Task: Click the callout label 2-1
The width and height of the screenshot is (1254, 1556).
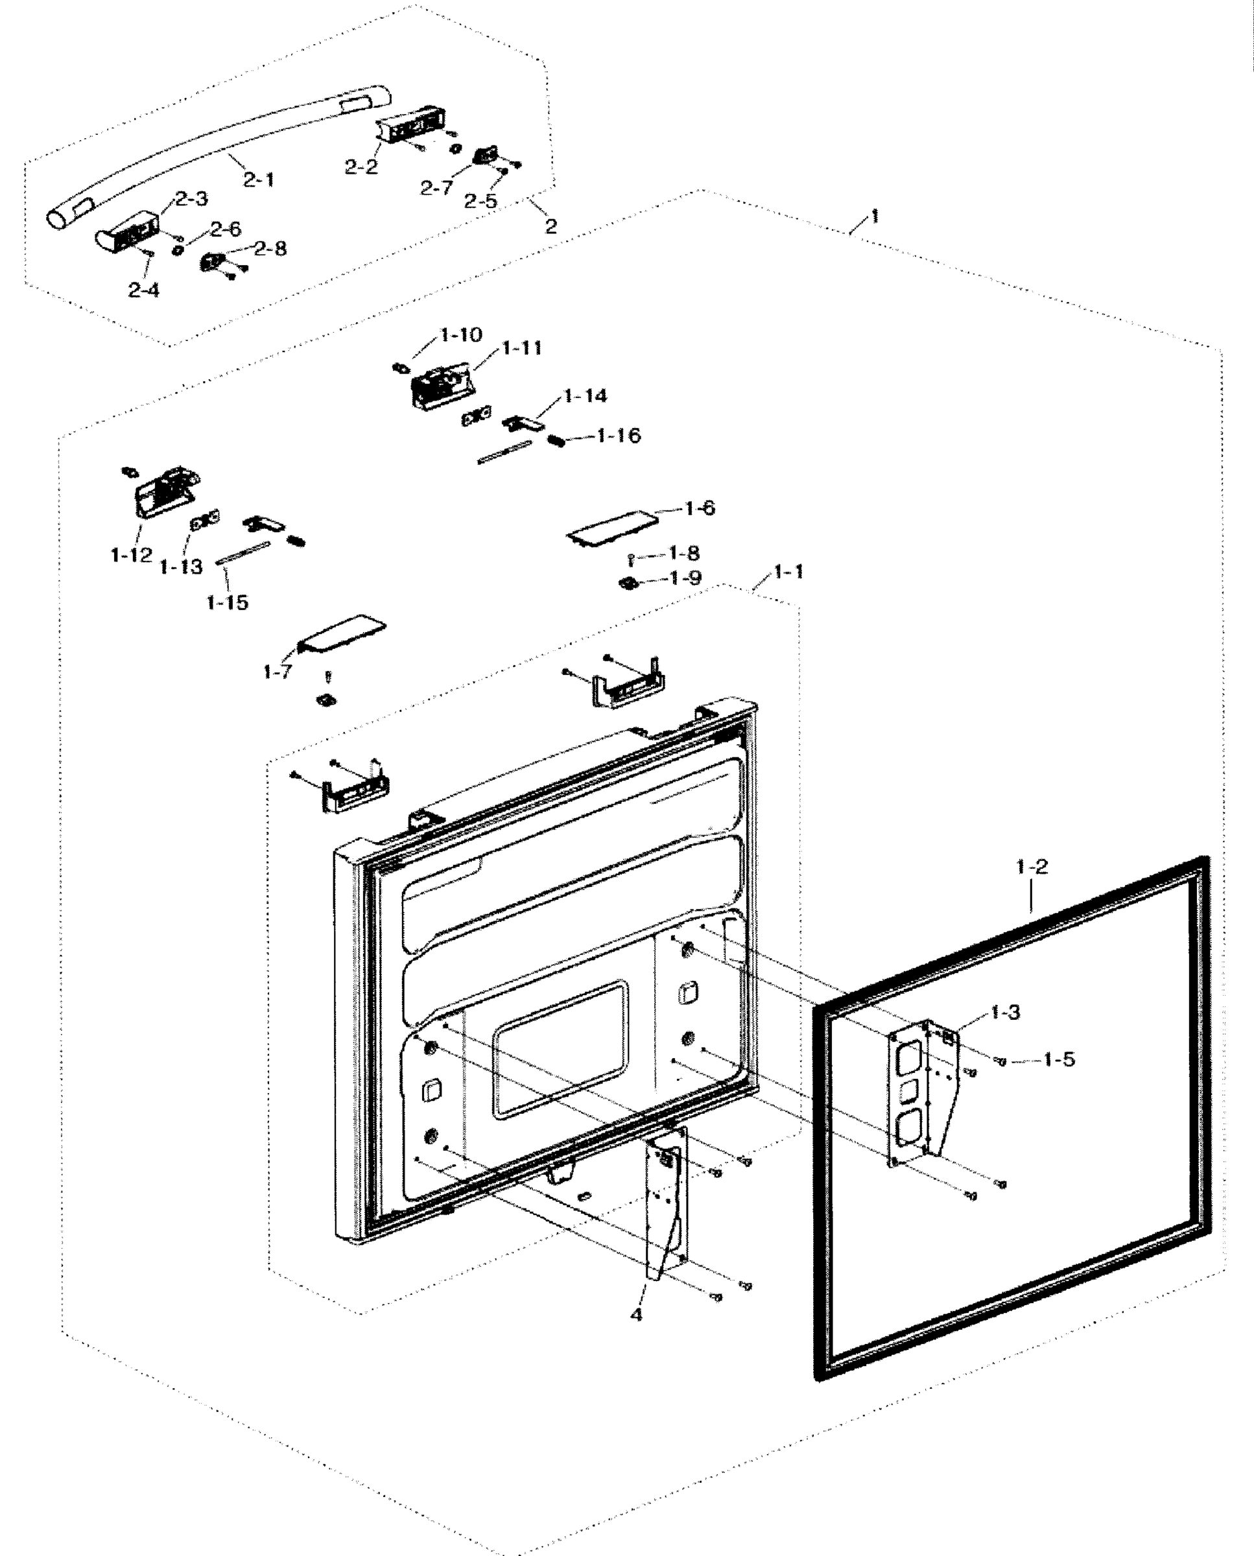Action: (x=258, y=179)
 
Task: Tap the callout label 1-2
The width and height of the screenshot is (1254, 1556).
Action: (x=1032, y=867)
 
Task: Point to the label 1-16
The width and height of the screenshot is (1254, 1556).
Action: (x=619, y=436)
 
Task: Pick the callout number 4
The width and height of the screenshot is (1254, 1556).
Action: (x=635, y=1315)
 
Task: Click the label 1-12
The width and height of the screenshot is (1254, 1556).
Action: (x=132, y=555)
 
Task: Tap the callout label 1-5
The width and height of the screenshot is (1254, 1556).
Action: (x=1059, y=1060)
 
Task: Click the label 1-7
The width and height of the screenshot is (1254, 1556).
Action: (x=278, y=672)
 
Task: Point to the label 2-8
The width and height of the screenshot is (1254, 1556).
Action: (x=270, y=248)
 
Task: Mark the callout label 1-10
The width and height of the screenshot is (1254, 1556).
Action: (x=461, y=335)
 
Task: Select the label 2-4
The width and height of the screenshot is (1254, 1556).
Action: (x=144, y=290)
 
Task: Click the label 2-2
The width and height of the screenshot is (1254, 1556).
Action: (x=361, y=167)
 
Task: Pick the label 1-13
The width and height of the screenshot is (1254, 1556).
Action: (x=181, y=567)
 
